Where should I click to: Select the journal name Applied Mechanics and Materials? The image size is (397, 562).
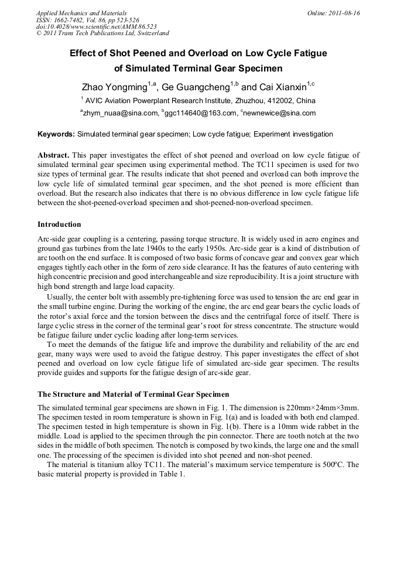(x=81, y=13)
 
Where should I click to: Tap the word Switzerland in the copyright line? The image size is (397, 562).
(x=150, y=33)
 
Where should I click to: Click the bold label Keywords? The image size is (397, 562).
(x=56, y=134)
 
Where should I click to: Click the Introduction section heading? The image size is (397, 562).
(x=59, y=224)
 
